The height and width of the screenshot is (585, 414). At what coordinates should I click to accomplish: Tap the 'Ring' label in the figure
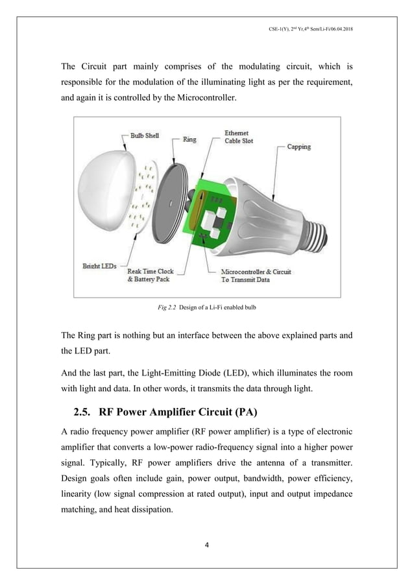189,139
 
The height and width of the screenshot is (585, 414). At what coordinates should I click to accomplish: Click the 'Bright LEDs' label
99,266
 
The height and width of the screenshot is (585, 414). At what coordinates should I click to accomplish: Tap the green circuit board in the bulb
211,214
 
